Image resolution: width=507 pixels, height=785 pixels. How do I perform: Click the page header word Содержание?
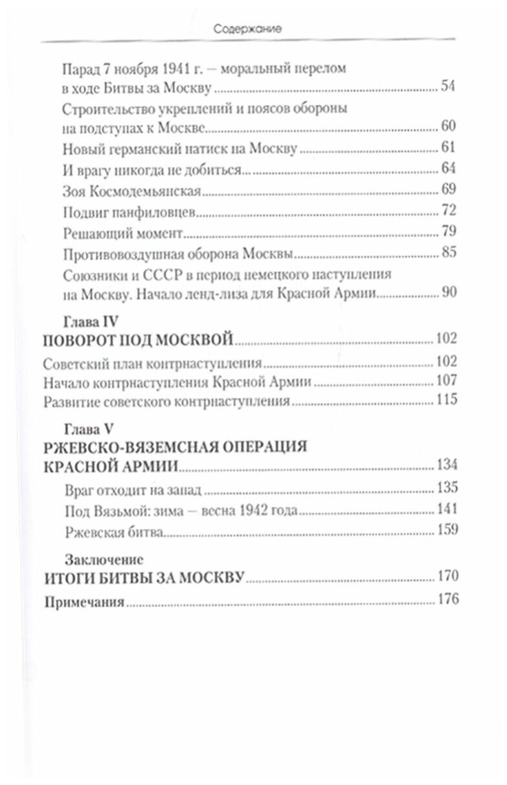pyautogui.click(x=253, y=29)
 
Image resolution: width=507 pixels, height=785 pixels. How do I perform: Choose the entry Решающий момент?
pyautogui.click(x=123, y=232)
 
